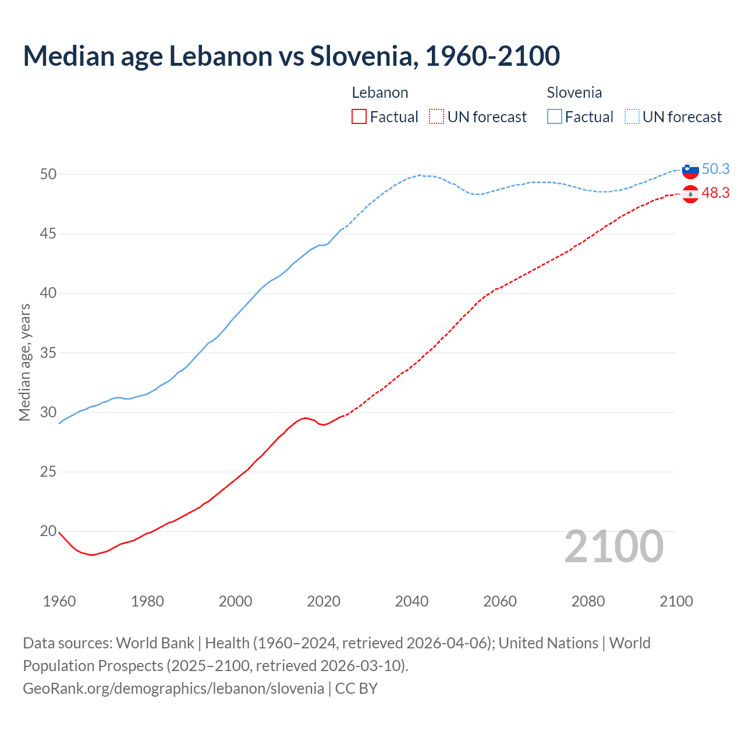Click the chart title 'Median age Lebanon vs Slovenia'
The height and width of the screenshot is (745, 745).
[291, 56]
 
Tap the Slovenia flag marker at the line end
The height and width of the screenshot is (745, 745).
[690, 170]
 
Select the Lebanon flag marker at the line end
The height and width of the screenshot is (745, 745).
[690, 194]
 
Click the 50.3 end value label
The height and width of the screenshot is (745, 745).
[715, 169]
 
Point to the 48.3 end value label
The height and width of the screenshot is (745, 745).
[715, 193]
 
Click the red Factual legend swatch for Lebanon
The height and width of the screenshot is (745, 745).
[359, 117]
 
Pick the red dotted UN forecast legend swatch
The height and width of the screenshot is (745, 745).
[437, 117]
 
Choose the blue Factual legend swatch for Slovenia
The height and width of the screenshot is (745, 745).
[555, 117]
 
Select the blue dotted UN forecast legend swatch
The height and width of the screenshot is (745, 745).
[632, 117]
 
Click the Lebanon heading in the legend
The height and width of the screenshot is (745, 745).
[380, 93]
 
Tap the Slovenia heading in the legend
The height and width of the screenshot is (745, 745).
[574, 93]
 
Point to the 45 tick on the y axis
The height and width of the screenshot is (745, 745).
[48, 234]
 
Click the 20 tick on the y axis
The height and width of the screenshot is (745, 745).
[48, 531]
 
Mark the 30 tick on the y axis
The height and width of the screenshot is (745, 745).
[48, 412]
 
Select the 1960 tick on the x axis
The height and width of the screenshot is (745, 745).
[59, 601]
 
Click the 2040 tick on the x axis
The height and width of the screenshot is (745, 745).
[411, 601]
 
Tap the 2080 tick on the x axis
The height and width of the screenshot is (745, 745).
[588, 601]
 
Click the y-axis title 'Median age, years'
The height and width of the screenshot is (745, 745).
[24, 362]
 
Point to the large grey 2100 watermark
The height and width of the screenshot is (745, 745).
[614, 547]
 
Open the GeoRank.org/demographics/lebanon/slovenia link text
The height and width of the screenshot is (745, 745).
[173, 689]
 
